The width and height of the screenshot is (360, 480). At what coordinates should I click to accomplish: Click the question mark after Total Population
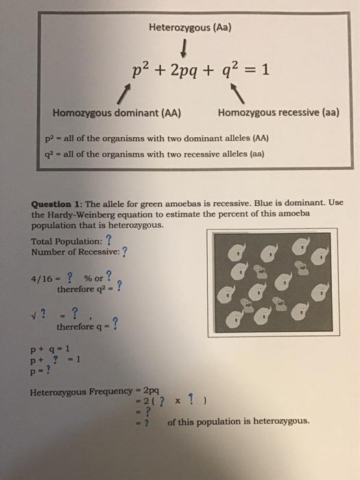coord(108,239)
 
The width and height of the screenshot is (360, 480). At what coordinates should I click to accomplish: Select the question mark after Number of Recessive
coord(124,250)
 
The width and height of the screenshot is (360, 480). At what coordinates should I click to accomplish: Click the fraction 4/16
coord(42,278)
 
